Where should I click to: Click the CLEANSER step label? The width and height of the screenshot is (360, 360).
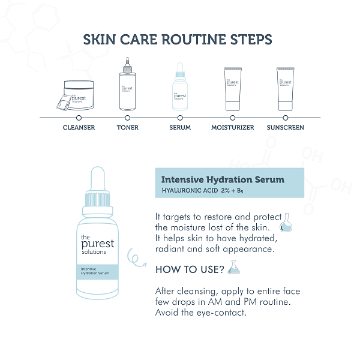tap(79, 128)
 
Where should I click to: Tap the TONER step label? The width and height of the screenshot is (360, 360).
tap(128, 128)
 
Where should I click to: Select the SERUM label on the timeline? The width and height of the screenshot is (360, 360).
tap(180, 128)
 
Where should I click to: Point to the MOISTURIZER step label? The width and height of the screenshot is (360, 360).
tap(232, 128)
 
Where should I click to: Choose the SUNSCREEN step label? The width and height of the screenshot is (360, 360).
tap(285, 128)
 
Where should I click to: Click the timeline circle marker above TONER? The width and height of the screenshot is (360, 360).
tap(128, 118)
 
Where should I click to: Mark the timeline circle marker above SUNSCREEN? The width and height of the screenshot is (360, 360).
tap(286, 118)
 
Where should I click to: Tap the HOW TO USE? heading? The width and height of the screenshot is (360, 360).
tap(189, 269)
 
